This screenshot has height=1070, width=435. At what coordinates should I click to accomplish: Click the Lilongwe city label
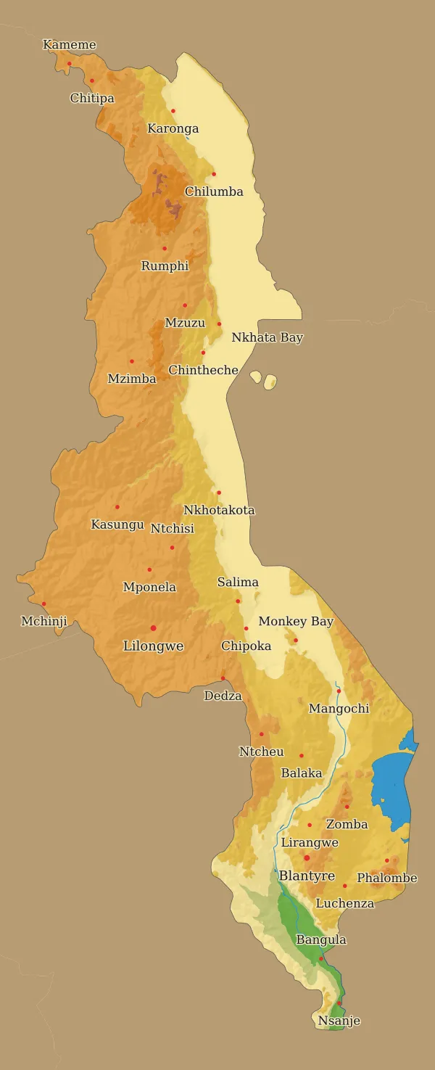tap(153, 646)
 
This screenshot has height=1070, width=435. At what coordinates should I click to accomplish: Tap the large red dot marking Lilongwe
tap(153, 627)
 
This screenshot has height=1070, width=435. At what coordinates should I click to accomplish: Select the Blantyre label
tap(307, 876)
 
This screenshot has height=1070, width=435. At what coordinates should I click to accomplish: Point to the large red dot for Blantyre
tap(307, 857)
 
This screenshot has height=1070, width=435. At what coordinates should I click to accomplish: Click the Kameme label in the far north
tap(70, 45)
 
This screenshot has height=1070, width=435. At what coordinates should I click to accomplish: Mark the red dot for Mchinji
tap(43, 604)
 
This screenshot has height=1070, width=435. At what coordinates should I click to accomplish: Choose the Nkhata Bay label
tap(267, 337)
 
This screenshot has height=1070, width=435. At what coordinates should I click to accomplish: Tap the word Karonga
tap(173, 129)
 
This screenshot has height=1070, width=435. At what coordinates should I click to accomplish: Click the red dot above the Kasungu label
tap(117, 506)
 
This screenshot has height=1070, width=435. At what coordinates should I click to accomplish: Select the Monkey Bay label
tap(296, 622)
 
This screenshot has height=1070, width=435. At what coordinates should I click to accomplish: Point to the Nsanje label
tap(339, 1021)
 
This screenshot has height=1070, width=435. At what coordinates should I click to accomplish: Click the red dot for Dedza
tap(223, 678)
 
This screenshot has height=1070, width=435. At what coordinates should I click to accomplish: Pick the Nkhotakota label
tap(219, 510)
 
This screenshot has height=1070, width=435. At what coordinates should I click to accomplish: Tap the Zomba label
tap(347, 824)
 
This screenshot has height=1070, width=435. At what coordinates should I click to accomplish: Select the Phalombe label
tap(387, 878)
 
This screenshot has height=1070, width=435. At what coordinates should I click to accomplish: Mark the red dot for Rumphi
tap(165, 248)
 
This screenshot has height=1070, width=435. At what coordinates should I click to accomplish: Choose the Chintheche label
tap(203, 370)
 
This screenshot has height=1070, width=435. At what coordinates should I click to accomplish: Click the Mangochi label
tap(339, 709)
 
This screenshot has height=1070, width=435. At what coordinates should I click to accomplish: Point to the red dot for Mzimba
tap(131, 361)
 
